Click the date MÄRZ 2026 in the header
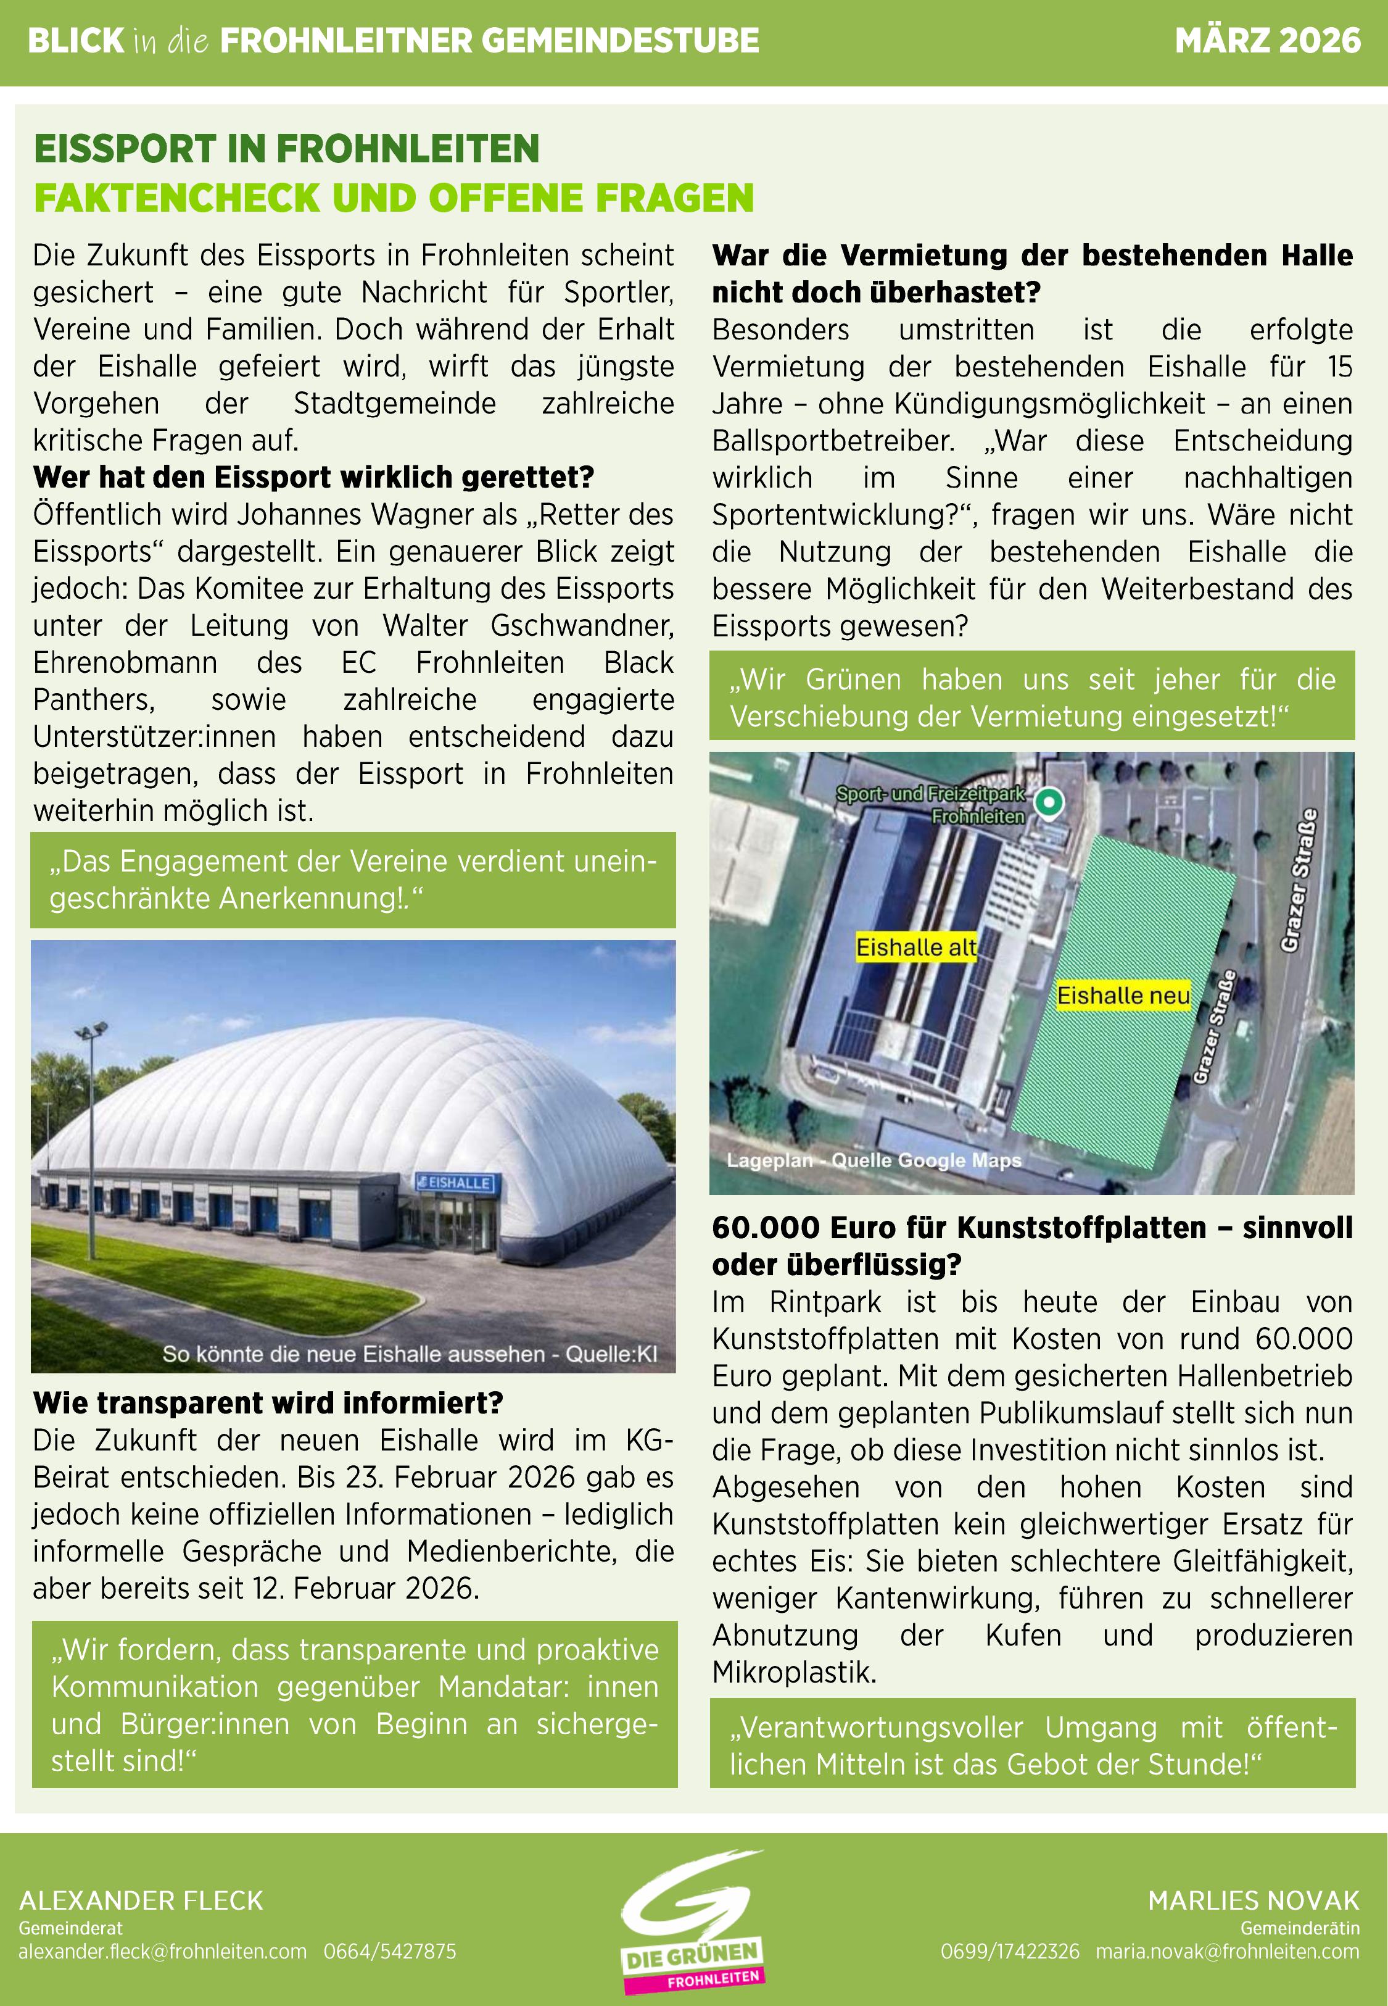click(x=1266, y=41)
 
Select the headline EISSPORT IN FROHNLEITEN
click(x=286, y=149)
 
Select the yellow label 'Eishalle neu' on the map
click(x=1123, y=995)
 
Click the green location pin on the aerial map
click(x=1050, y=801)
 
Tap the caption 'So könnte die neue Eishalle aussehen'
click(x=409, y=1354)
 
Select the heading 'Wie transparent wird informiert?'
click(x=268, y=1403)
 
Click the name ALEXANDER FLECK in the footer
click(x=141, y=1900)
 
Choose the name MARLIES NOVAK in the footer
click(x=1252, y=1900)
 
